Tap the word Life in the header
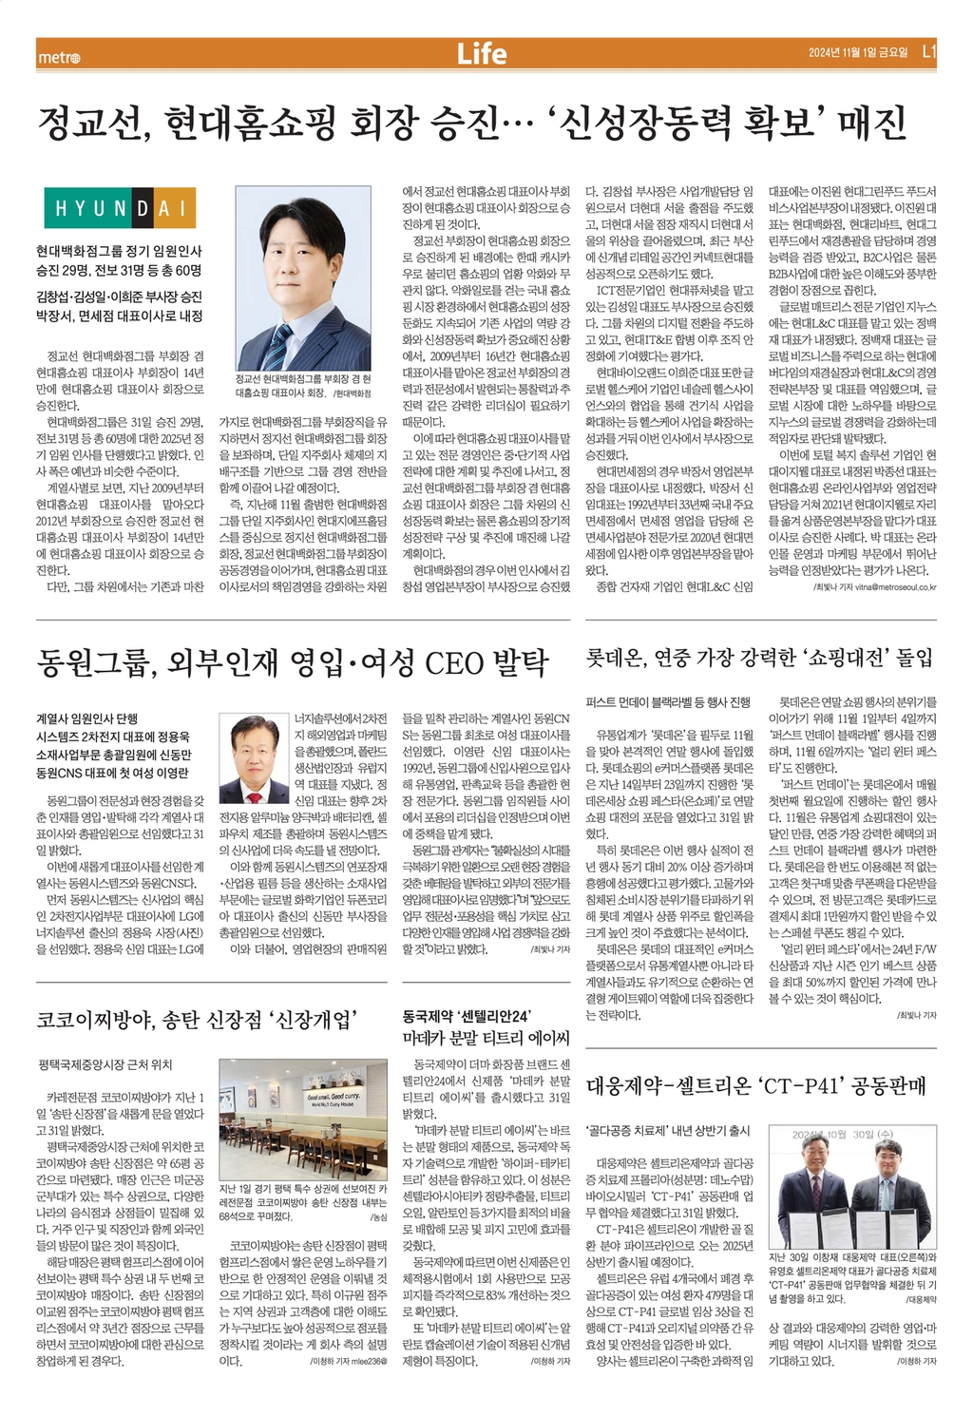point(482,54)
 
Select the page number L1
point(929,53)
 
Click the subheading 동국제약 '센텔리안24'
point(467,1015)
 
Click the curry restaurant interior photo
point(302,1118)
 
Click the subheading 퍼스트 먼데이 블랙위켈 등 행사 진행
point(668,704)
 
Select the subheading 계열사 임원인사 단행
point(86,719)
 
